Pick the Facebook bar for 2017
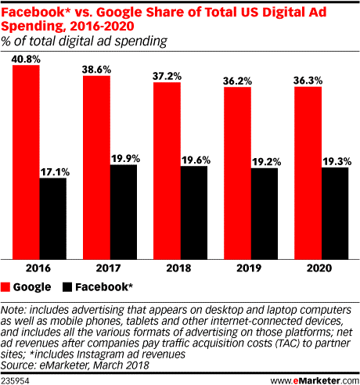[x=124, y=211]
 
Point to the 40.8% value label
[x=26, y=58]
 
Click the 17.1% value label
[x=53, y=171]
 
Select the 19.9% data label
[x=124, y=157]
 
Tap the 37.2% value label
[x=167, y=74]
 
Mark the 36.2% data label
[x=237, y=79]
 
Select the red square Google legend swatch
[x=13, y=286]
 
